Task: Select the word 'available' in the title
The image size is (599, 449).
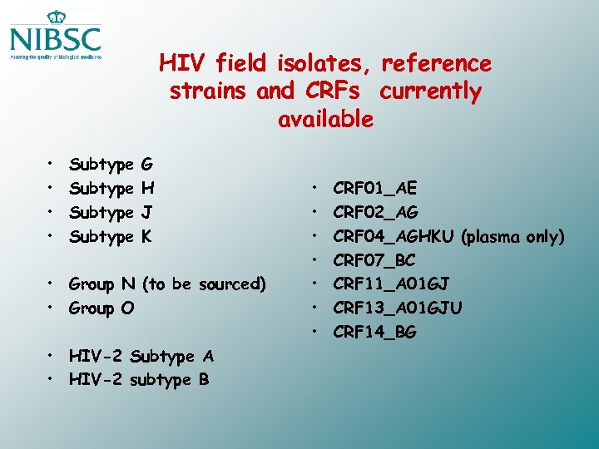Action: click(x=325, y=119)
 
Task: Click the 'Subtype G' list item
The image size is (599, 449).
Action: click(x=111, y=165)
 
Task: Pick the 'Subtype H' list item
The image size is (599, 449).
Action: click(x=111, y=189)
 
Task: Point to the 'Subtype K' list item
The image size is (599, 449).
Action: click(x=111, y=237)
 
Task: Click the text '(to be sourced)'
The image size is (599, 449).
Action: click(x=205, y=284)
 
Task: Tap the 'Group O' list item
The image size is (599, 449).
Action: click(x=102, y=308)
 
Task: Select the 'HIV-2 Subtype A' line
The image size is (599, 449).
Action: click(x=141, y=357)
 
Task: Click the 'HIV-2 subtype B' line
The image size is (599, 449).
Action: click(x=140, y=380)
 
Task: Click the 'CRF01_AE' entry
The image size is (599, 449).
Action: click(x=375, y=189)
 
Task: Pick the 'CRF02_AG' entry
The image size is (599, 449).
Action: click(x=375, y=213)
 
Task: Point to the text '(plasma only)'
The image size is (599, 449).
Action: click(x=512, y=237)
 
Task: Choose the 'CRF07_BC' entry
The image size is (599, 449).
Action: click(x=374, y=260)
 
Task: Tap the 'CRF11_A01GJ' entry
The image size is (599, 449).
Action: click(x=391, y=284)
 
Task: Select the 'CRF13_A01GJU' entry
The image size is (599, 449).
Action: click(x=397, y=308)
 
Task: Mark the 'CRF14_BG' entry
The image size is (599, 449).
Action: click(x=374, y=333)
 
